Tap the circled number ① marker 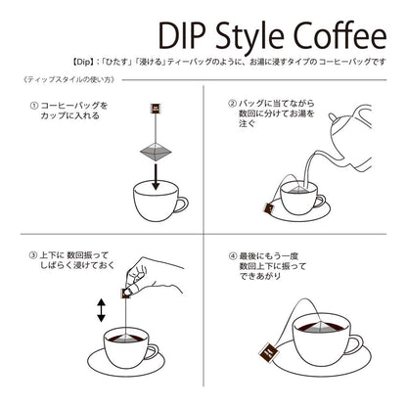[x=33, y=106]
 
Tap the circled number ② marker [x=232, y=104]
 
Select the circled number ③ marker [x=33, y=255]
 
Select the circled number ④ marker [x=232, y=256]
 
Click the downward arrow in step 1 [x=156, y=177]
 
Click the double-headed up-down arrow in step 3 [x=102, y=311]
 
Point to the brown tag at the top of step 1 [x=156, y=109]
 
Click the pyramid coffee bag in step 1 [x=156, y=152]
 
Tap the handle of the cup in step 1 [x=181, y=205]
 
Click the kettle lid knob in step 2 [x=333, y=117]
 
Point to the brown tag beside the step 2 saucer [x=270, y=207]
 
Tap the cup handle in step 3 [x=152, y=351]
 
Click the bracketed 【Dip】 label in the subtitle [x=80, y=62]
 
